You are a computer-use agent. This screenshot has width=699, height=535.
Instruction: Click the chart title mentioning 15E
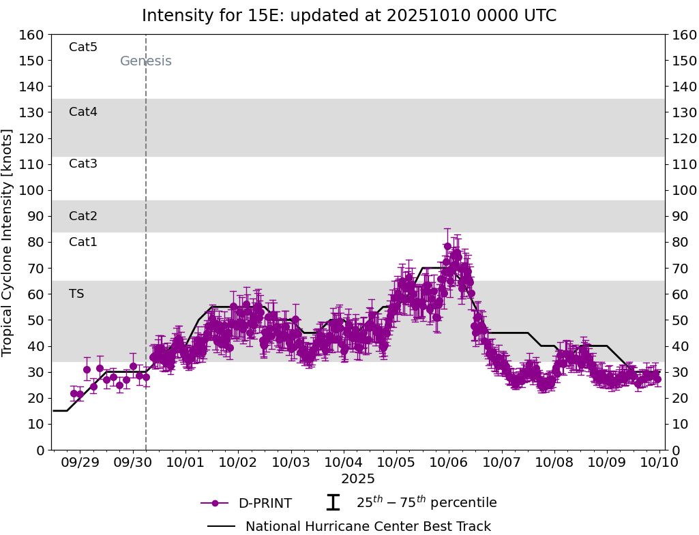click(349, 16)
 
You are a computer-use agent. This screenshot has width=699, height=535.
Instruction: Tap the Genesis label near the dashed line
click(145, 61)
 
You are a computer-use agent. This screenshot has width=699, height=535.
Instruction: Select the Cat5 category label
click(83, 47)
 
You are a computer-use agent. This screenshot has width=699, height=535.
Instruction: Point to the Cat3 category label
click(83, 164)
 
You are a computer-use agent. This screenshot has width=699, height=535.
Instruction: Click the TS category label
click(76, 294)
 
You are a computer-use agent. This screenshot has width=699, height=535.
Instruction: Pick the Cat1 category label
click(83, 242)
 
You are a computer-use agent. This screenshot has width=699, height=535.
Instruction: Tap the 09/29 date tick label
click(80, 463)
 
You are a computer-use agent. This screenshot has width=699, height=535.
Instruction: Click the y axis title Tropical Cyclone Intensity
click(8, 242)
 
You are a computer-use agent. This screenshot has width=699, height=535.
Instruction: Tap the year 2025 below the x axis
click(358, 479)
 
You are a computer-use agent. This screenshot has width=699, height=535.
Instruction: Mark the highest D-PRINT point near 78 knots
click(447, 247)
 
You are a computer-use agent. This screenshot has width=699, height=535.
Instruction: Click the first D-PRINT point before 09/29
click(74, 393)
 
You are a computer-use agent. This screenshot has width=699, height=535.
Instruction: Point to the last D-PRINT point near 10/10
click(657, 380)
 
